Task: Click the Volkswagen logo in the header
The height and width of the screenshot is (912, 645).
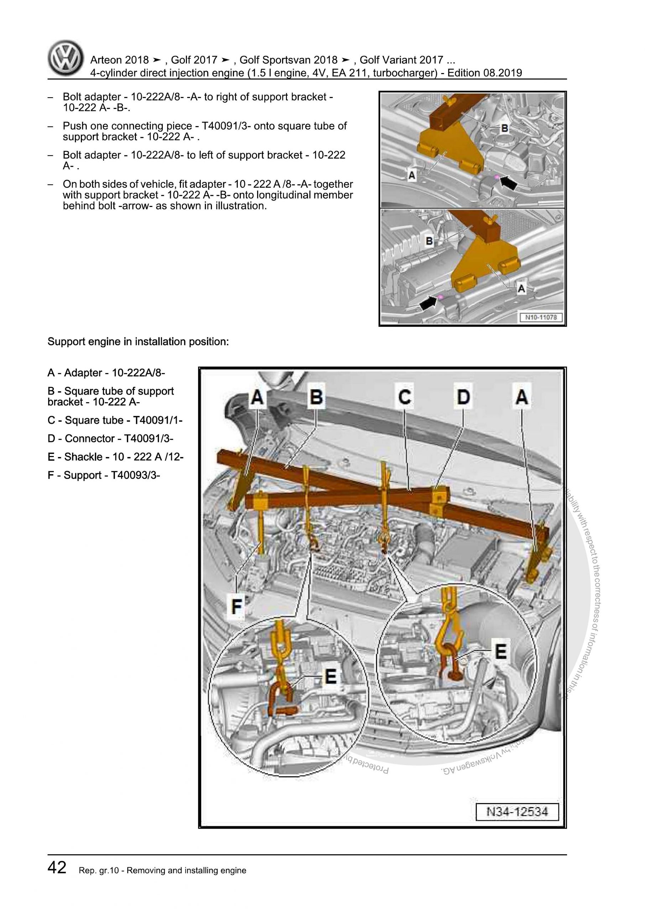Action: tap(66, 58)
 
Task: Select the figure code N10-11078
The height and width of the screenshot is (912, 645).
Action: tap(541, 317)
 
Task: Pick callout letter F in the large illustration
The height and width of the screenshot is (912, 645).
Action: tap(236, 607)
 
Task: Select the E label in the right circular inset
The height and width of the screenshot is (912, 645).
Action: tap(500, 652)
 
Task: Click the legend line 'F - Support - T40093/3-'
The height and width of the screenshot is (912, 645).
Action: tap(104, 475)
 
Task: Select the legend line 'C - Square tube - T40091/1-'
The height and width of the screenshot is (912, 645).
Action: tap(115, 420)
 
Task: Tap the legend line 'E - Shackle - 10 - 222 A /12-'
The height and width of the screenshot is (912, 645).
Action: tap(115, 457)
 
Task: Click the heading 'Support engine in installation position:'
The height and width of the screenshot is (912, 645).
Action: tap(138, 342)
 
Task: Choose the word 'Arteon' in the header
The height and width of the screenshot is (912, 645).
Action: tap(106, 60)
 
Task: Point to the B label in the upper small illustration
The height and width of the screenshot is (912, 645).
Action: tap(504, 128)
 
